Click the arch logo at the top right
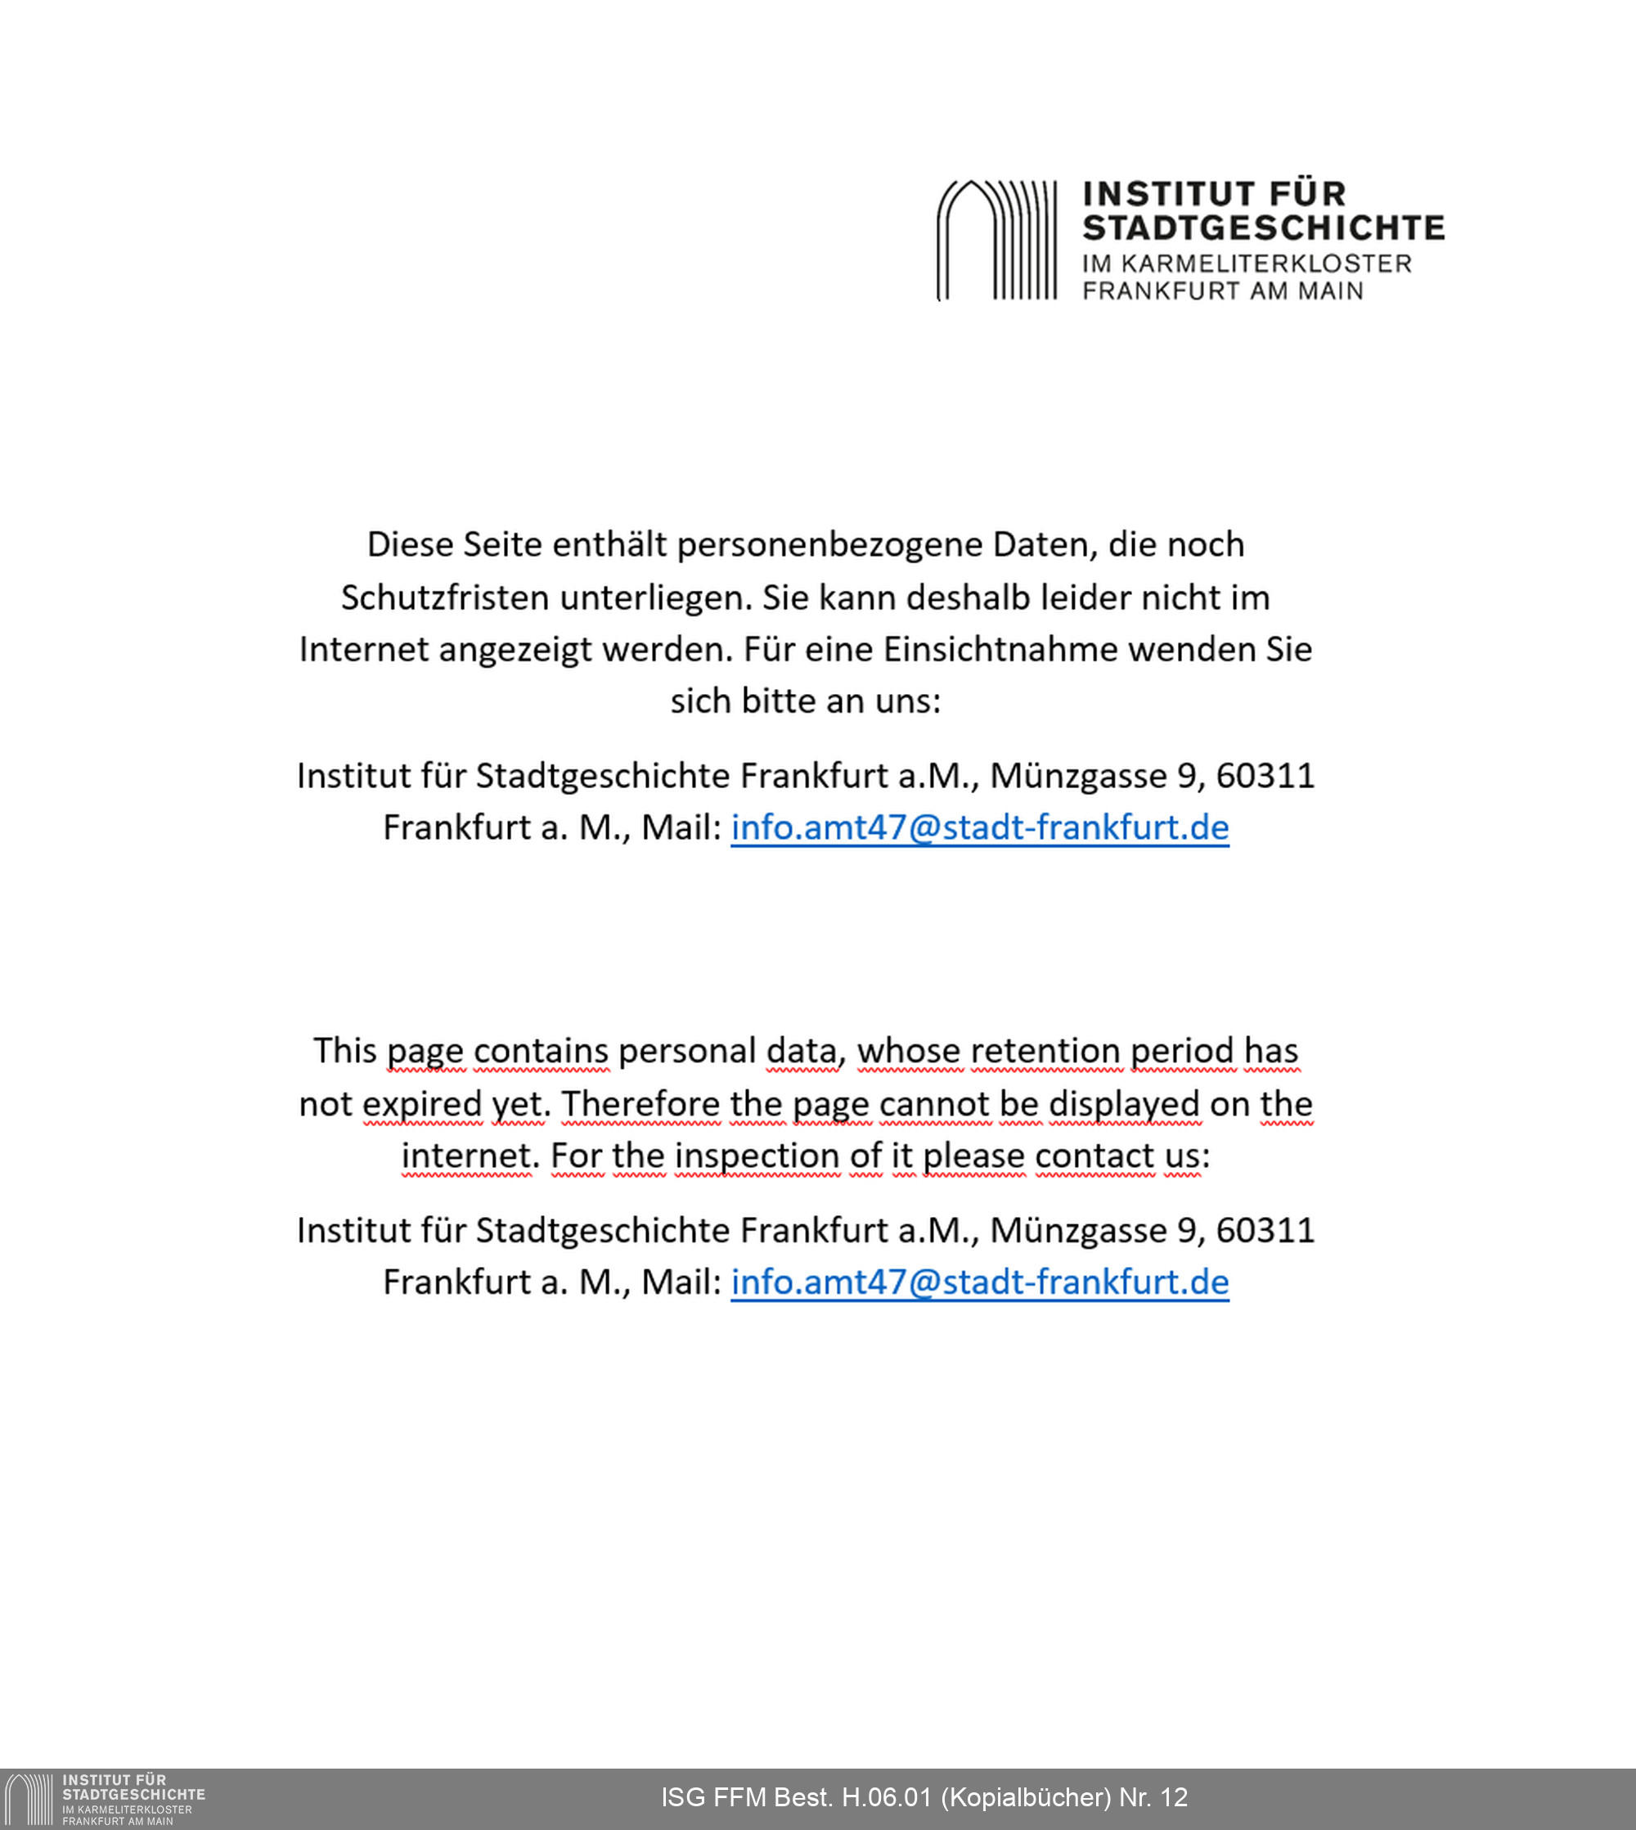point(997,240)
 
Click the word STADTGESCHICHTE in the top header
point(1263,228)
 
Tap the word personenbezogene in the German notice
point(829,545)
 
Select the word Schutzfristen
point(445,598)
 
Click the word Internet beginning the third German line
point(363,649)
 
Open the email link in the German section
point(979,827)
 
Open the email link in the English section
point(979,1282)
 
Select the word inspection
point(756,1156)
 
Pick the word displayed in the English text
point(1124,1104)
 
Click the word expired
point(422,1104)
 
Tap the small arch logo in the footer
point(29,1800)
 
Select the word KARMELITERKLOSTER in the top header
point(1265,264)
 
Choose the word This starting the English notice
point(344,1051)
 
